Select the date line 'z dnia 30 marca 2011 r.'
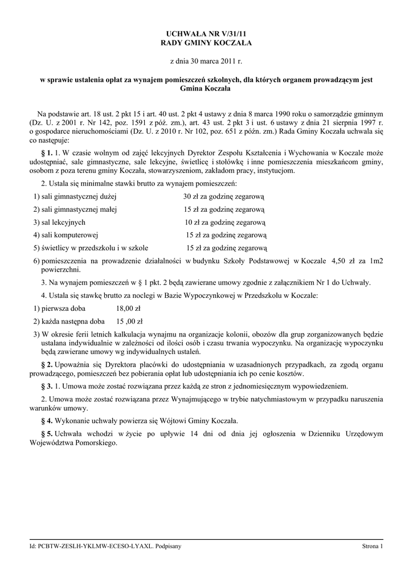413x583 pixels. (206, 60)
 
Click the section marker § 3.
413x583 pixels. (47, 386)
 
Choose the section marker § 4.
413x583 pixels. (47, 421)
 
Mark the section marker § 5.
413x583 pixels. (47, 434)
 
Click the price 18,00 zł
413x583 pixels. (128, 308)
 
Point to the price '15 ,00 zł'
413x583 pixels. (130, 321)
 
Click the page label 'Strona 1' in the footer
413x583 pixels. (373, 546)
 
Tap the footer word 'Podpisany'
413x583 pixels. (169, 546)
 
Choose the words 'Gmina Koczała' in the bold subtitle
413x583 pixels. (206, 89)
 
